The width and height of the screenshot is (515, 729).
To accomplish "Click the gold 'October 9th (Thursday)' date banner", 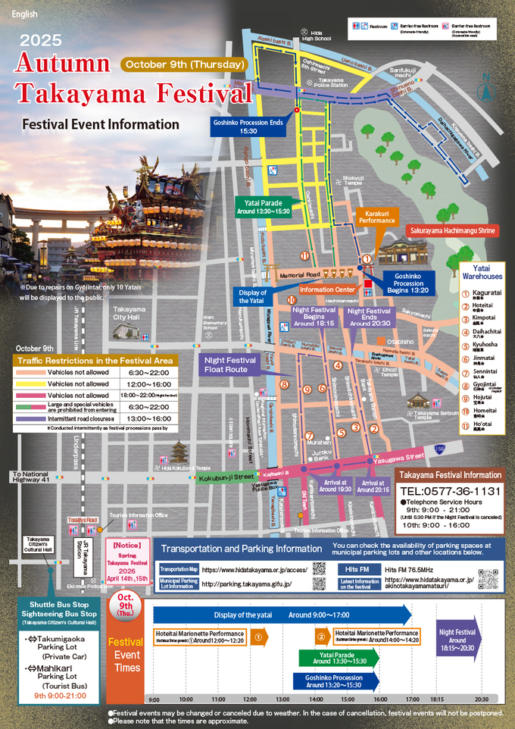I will click(x=185, y=64).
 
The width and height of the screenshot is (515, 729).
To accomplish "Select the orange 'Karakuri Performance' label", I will click(x=376, y=216).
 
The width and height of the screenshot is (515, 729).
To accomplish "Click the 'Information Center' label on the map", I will click(x=327, y=289).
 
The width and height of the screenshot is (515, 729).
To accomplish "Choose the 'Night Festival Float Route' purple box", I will click(x=230, y=364).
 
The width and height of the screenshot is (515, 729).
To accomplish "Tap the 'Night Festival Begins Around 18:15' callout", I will click(x=314, y=318).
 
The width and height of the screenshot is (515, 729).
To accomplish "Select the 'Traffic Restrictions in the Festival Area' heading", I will click(x=95, y=361).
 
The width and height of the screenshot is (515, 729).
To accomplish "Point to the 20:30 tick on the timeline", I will click(x=482, y=699).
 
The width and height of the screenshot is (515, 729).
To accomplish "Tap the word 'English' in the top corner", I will click(x=24, y=14).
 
